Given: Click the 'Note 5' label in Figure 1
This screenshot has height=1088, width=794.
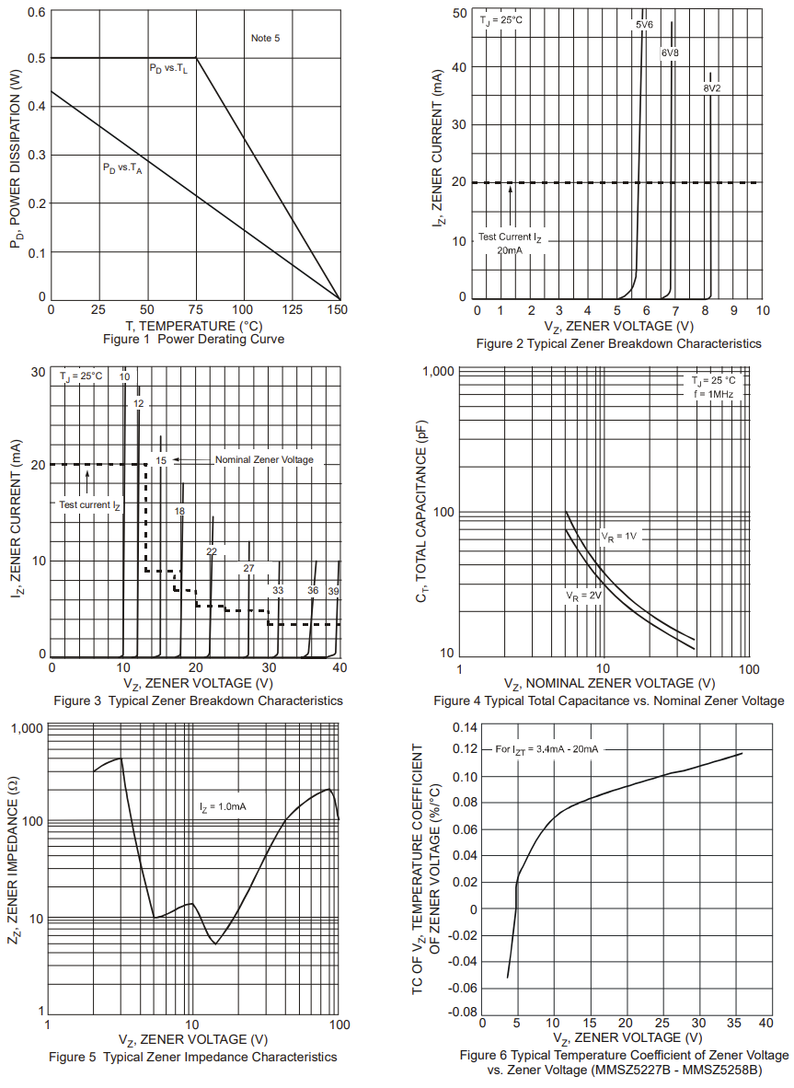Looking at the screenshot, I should pyautogui.click(x=265, y=38).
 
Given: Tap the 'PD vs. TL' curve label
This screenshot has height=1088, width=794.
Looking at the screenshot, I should pyautogui.click(x=168, y=69).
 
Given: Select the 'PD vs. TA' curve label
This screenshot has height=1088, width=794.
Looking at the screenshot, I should pyautogui.click(x=122, y=168).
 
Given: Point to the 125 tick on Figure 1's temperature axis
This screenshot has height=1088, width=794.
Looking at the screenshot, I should pyautogui.click(x=292, y=309).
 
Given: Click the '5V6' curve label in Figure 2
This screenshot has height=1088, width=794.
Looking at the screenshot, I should pyautogui.click(x=644, y=25).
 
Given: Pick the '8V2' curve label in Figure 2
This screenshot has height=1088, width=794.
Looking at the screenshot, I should pyautogui.click(x=712, y=88).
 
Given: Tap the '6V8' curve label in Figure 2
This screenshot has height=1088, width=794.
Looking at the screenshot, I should pyautogui.click(x=670, y=53).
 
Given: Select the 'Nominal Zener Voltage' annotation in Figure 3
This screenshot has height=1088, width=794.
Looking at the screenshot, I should pyautogui.click(x=264, y=459).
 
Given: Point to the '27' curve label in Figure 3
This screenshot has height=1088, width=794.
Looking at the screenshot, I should pyautogui.click(x=248, y=569).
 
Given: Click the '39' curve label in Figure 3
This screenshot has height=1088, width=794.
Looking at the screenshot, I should pyautogui.click(x=333, y=590).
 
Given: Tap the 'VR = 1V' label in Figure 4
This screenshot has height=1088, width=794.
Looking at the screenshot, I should pyautogui.click(x=619, y=536).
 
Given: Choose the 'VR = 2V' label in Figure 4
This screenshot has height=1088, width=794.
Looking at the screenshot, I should pyautogui.click(x=583, y=596).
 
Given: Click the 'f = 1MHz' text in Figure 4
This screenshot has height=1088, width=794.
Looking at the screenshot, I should pyautogui.click(x=714, y=394).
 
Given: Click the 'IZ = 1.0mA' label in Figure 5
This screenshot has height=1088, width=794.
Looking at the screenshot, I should pyautogui.click(x=223, y=806).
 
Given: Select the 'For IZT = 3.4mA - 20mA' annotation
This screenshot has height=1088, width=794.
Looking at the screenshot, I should pyautogui.click(x=547, y=749).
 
